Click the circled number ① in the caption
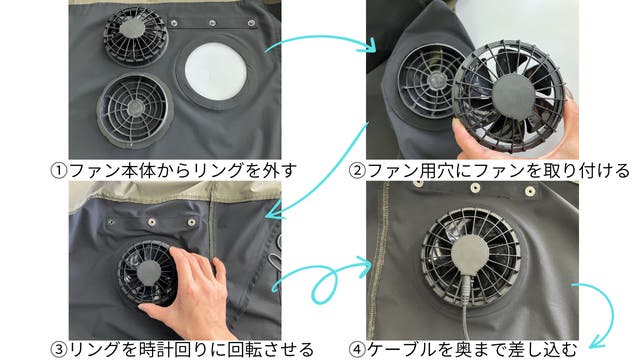(59, 171)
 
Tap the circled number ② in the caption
(357, 171)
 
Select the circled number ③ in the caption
(59, 350)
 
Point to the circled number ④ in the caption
(357, 350)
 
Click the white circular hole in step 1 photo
(216, 71)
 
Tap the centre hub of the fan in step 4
(470, 254)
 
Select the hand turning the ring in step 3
(189, 294)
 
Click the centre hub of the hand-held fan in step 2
(513, 96)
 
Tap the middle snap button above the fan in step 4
(475, 188)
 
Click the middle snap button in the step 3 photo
(152, 222)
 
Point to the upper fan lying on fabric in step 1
(136, 35)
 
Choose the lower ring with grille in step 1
(135, 110)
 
